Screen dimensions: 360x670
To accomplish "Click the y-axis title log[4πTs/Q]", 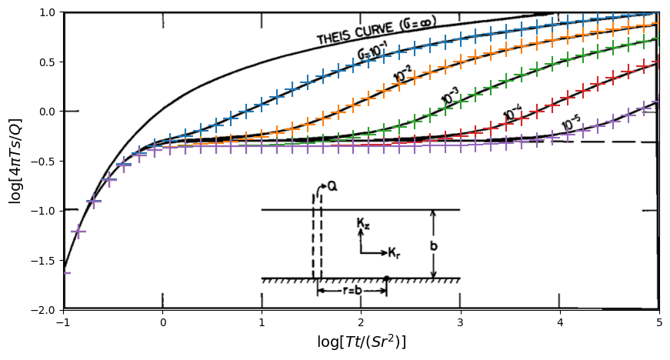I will click(15, 162).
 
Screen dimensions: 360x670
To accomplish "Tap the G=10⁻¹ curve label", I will click(375, 52).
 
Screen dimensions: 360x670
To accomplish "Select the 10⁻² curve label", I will click(403, 75).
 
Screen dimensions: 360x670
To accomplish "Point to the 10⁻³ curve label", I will click(451, 96).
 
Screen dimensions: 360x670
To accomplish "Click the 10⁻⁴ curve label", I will click(513, 114).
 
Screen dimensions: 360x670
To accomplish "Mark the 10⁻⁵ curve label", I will click(571, 123).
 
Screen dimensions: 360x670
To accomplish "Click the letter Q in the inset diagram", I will click(332, 186).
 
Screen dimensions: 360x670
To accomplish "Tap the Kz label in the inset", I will click(363, 223).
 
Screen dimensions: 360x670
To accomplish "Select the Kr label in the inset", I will click(393, 253).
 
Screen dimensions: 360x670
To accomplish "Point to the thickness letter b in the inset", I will click(434, 246).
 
